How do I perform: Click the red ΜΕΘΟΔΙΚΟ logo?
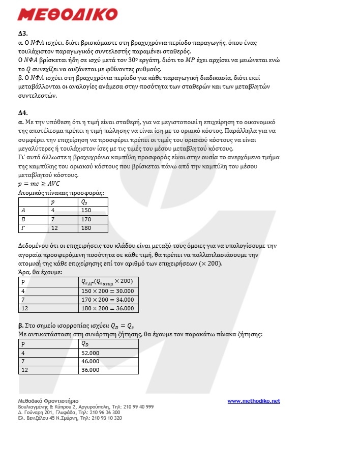[x=67, y=14]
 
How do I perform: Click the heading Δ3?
[x=23, y=34]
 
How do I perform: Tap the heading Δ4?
[x=23, y=112]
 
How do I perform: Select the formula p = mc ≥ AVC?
[x=39, y=184]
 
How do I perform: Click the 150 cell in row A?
[x=86, y=210]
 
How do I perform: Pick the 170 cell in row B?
[x=86, y=219]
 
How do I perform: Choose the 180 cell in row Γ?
[x=86, y=227]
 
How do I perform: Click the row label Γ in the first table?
[x=23, y=227]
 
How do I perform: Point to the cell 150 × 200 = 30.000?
[x=107, y=291]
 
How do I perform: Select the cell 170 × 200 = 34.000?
[x=107, y=300]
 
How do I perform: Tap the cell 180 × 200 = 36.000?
[x=107, y=308]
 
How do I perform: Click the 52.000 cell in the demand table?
[x=91, y=353]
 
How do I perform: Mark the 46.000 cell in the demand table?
[x=91, y=361]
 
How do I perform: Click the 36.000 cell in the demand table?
[x=91, y=370]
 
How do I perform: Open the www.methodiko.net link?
[x=253, y=401]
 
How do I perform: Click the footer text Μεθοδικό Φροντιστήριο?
[x=48, y=401]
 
